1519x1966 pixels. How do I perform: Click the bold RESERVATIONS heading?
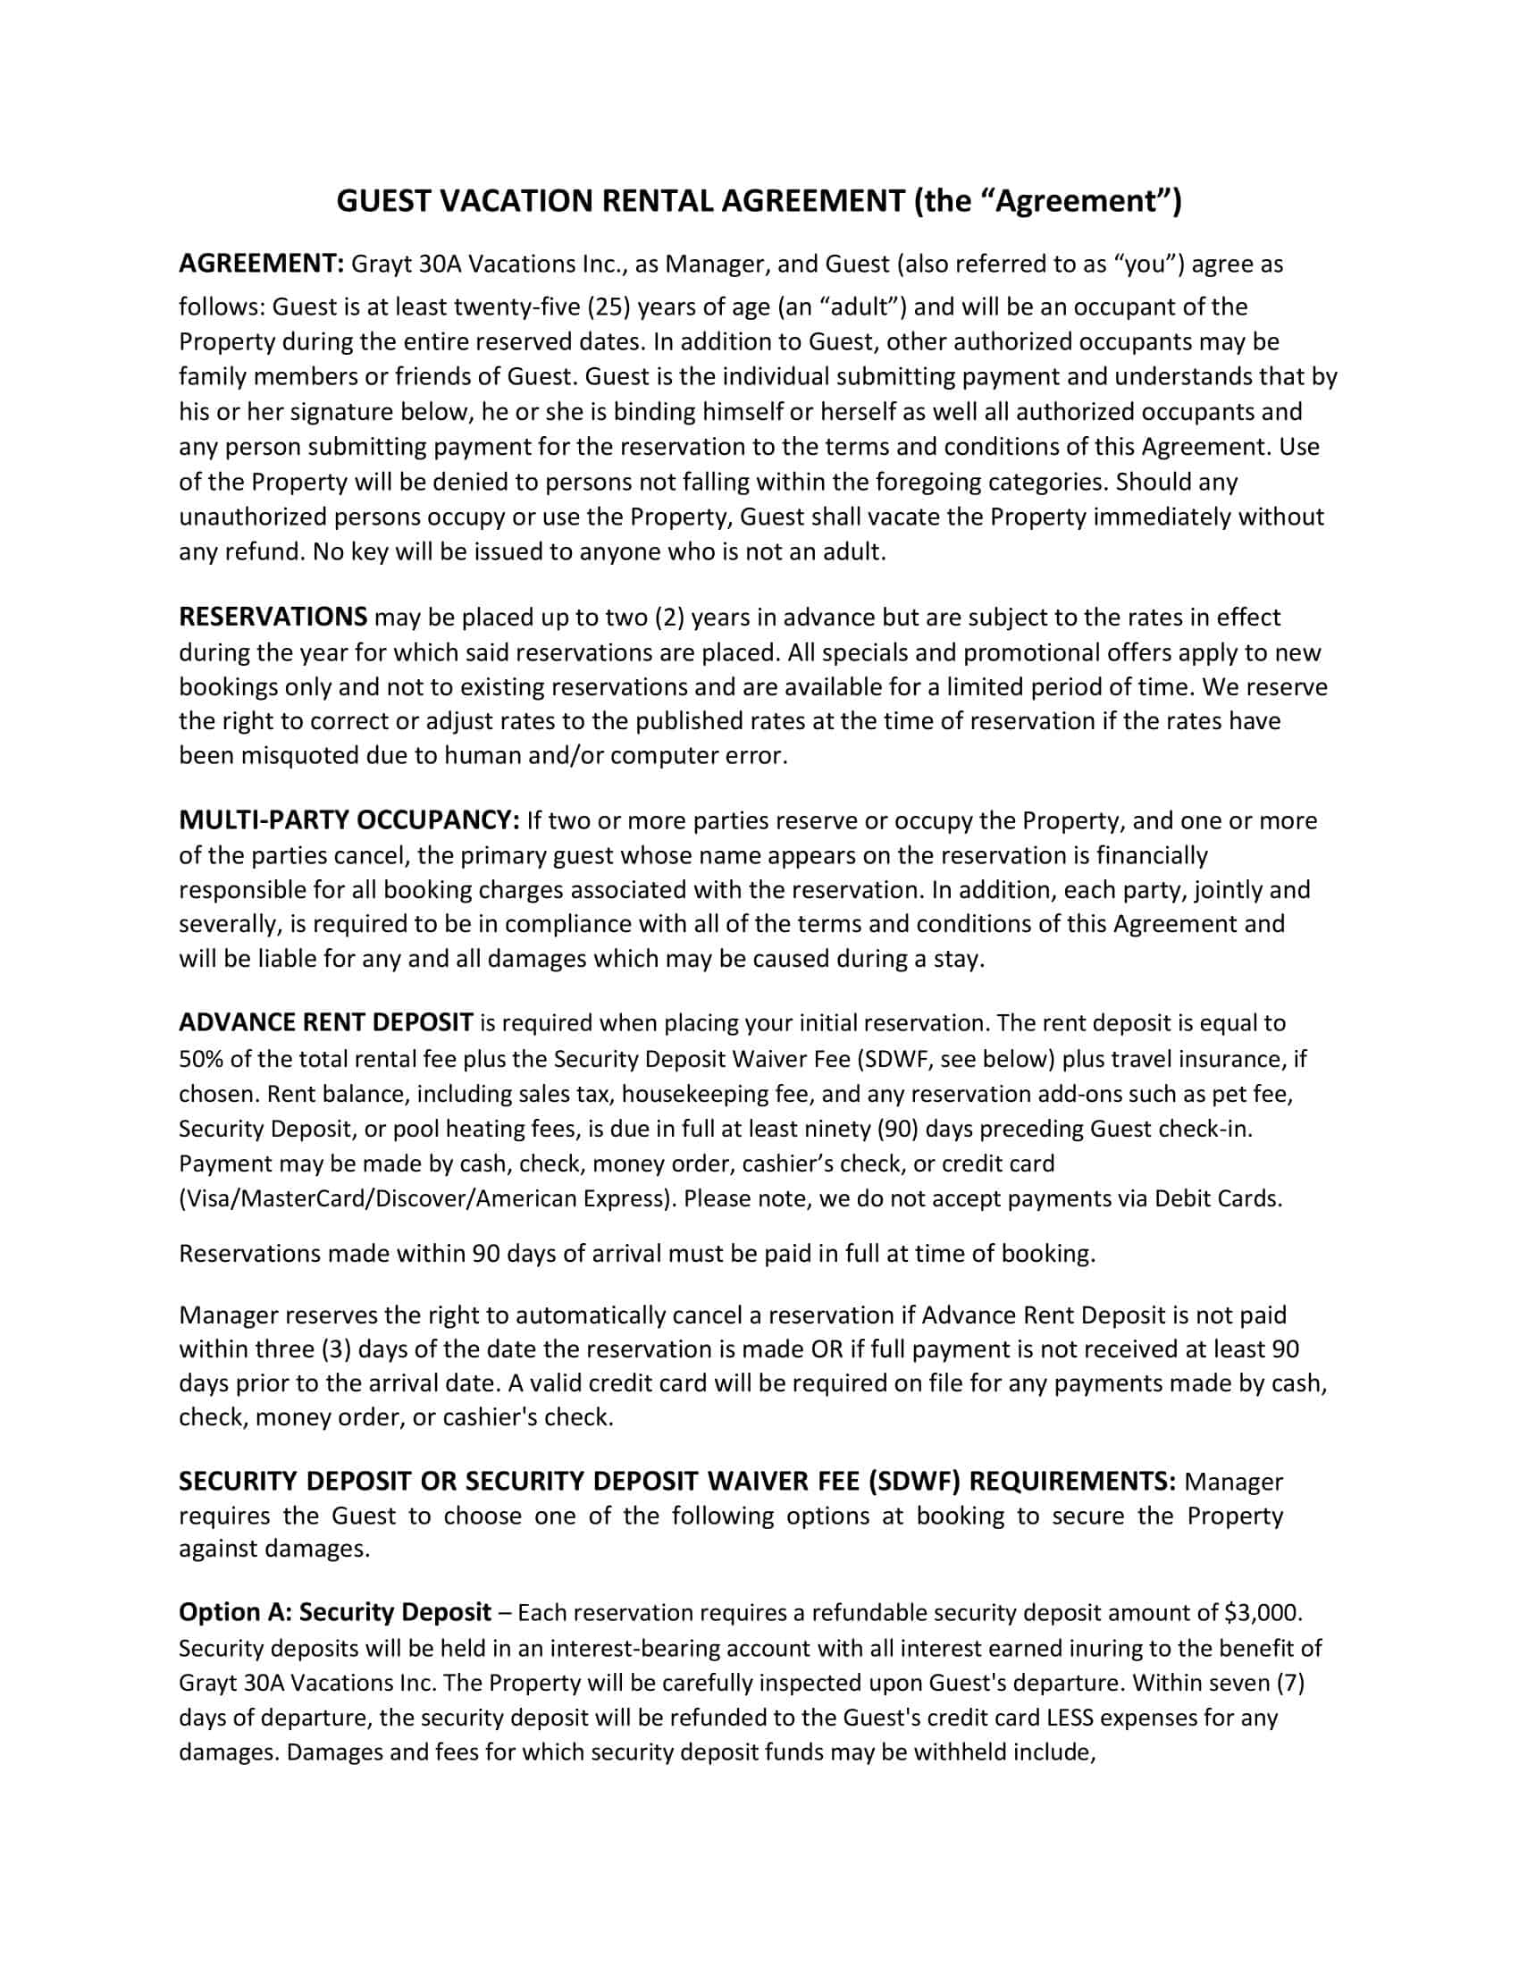point(273,618)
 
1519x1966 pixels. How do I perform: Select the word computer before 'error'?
point(664,755)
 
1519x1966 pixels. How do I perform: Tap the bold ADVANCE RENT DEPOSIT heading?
point(326,1022)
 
